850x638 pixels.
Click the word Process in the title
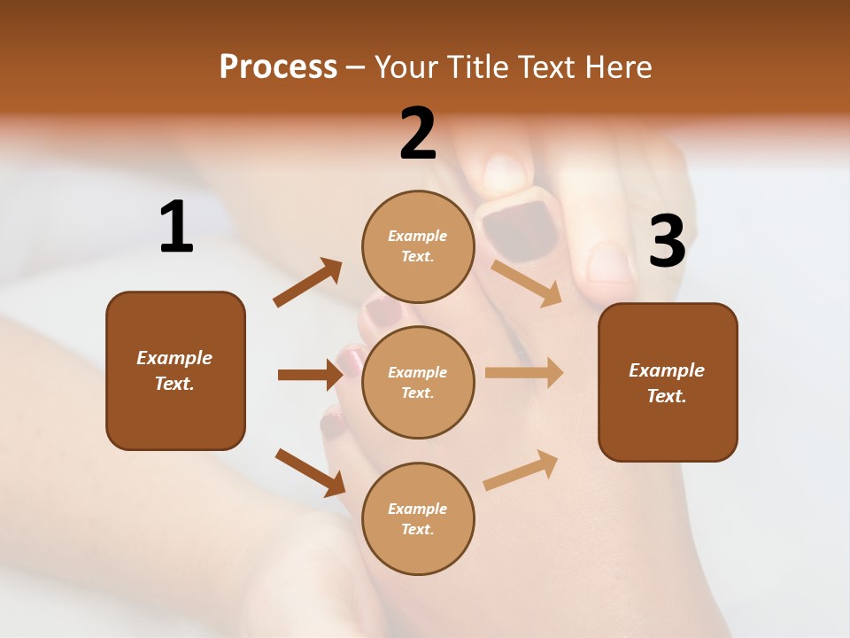point(278,67)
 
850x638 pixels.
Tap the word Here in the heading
point(618,67)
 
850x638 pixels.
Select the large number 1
point(176,228)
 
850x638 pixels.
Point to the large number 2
point(418,134)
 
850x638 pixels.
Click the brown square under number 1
point(175,370)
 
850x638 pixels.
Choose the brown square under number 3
point(668,382)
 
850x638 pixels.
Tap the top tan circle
point(418,246)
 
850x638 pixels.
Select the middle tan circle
point(418,382)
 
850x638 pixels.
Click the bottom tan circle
point(418,518)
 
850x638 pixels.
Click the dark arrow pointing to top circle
point(307,283)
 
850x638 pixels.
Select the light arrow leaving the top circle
point(527,283)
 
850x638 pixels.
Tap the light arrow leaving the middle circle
point(524,373)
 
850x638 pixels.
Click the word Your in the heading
point(404,67)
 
